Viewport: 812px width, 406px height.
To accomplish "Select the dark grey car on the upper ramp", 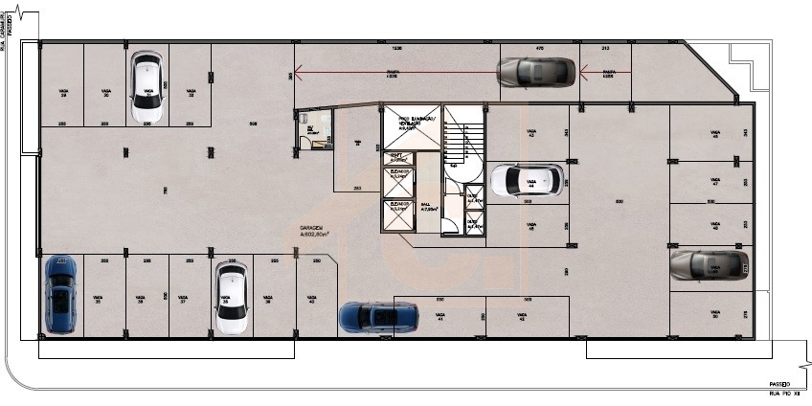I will point(535,72).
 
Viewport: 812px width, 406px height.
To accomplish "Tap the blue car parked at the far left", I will point(59,294).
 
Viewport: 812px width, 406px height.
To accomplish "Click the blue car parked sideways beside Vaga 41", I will point(379,316).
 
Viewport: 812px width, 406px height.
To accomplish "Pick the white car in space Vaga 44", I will point(526,179).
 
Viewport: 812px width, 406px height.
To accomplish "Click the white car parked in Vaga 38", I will point(230,298).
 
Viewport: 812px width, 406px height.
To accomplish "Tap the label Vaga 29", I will point(63,94).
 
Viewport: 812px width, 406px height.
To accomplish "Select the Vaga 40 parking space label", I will point(311,300).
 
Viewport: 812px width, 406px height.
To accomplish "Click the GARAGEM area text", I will point(312,231).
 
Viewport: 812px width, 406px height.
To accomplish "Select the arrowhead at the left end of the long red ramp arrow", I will point(299,69).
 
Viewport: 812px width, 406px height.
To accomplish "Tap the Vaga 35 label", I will point(98,300).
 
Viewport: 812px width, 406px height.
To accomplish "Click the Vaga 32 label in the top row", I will point(191,94).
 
